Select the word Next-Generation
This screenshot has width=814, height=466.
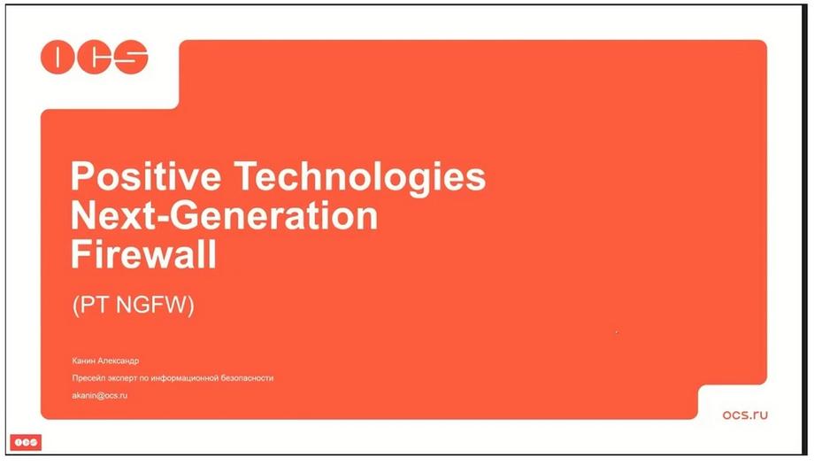coord(224,215)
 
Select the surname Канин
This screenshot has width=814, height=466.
coord(83,361)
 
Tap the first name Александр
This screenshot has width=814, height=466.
coord(118,361)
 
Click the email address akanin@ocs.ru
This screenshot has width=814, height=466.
coord(100,395)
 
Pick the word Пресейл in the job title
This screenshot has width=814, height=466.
coord(87,378)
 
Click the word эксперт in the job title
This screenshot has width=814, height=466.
coord(120,378)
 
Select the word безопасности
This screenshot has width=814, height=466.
coord(247,378)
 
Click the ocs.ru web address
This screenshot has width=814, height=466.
coord(745,415)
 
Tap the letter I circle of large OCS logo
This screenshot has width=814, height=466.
coord(58,57)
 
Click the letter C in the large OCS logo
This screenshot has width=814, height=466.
coord(95,57)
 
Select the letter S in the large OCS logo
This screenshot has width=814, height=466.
coord(131,57)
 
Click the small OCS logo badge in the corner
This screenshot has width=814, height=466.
coord(26,442)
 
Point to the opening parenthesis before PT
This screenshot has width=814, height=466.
coord(76,306)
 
